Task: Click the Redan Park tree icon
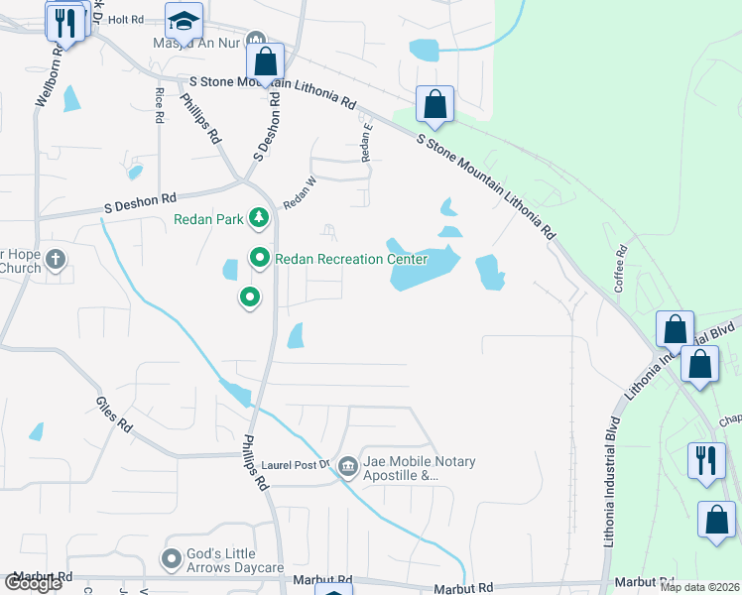click(x=258, y=217)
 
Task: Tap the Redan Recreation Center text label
click(x=351, y=260)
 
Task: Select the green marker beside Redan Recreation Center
click(x=260, y=259)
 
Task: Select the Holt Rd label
click(x=126, y=19)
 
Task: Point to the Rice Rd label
click(x=159, y=104)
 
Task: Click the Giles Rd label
click(x=114, y=414)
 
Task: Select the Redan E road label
click(x=367, y=142)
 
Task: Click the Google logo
click(x=33, y=583)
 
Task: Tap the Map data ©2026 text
click(x=698, y=587)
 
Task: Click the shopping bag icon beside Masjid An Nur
click(x=266, y=61)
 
